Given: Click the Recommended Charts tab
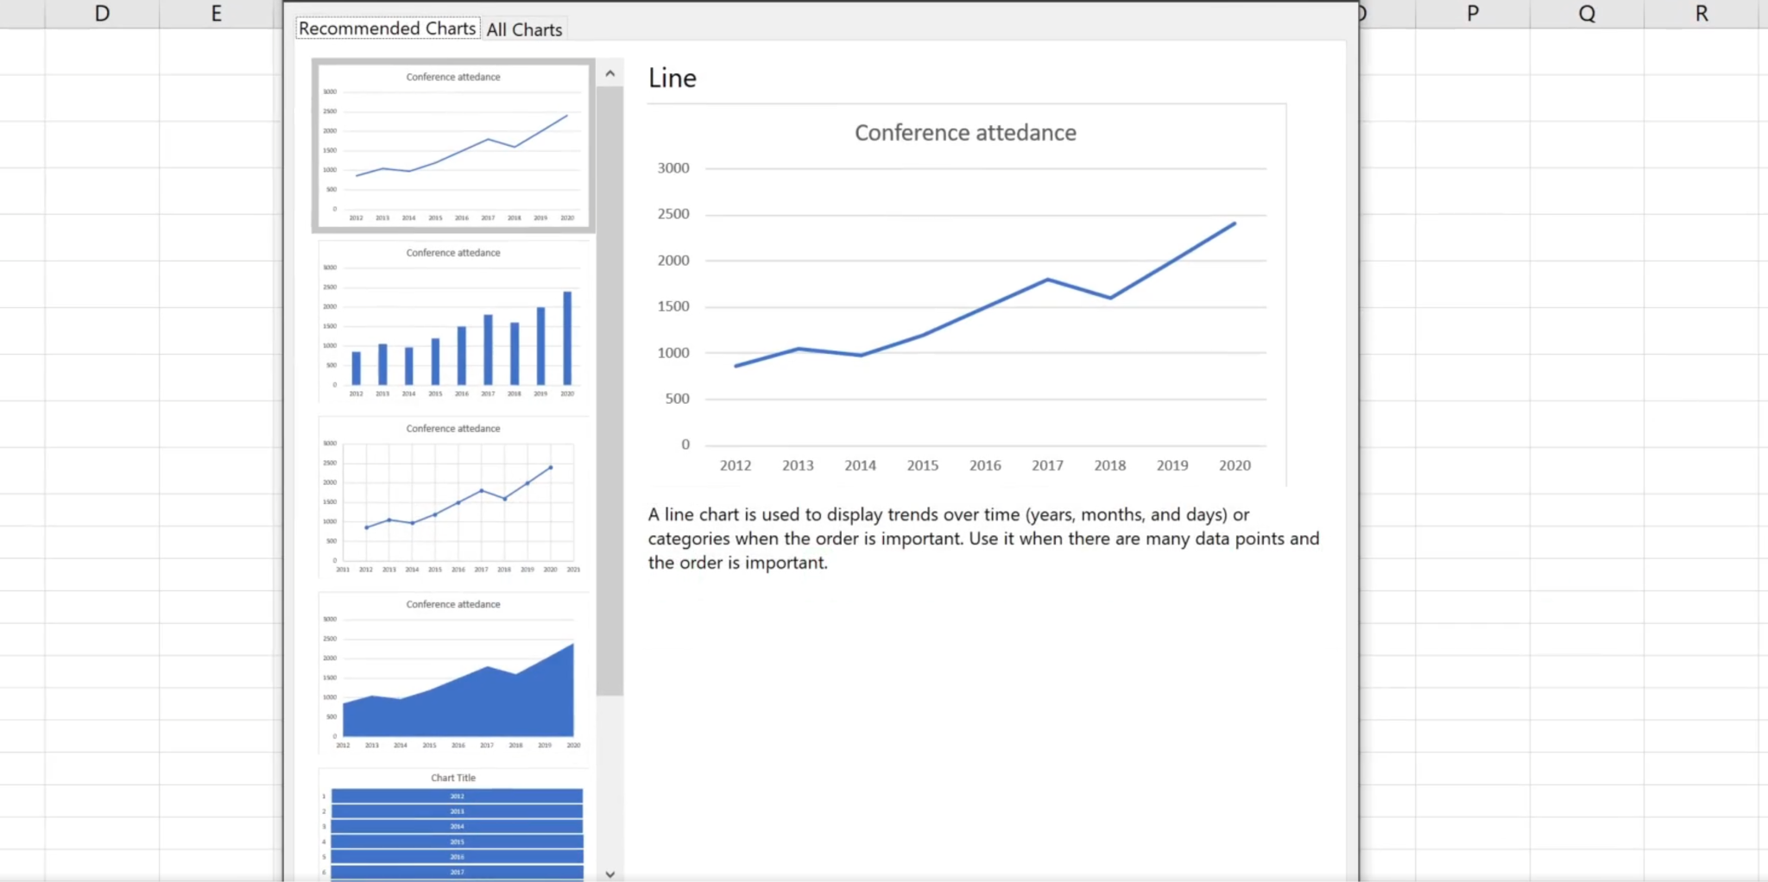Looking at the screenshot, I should pos(388,28).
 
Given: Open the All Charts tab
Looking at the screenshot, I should pos(524,29).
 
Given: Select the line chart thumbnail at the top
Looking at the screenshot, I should pos(453,146).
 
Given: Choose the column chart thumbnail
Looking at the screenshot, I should pos(453,322).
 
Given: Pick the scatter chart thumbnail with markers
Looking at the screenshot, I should pos(453,498).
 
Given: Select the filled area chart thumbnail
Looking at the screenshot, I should pos(453,674).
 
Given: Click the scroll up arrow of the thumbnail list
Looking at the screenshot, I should pos(609,74).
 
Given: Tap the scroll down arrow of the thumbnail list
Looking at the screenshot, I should pos(609,873).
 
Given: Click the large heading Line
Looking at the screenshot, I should pos(672,79).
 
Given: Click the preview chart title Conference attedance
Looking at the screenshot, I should pos(965,133).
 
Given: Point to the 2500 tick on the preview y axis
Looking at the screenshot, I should pos(673,214).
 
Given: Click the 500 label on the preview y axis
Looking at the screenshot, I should pos(678,399).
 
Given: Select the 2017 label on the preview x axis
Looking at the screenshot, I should pos(1047,465).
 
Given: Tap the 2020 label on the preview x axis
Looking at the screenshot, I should pos(1234,465).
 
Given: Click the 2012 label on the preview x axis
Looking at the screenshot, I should pos(736,465).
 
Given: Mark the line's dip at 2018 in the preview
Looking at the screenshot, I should pos(1110,298).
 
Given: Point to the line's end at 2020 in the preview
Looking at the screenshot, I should pos(1234,224).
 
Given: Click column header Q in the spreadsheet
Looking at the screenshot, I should pos(1587,14).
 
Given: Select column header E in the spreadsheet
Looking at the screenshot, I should pos(216,14).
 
